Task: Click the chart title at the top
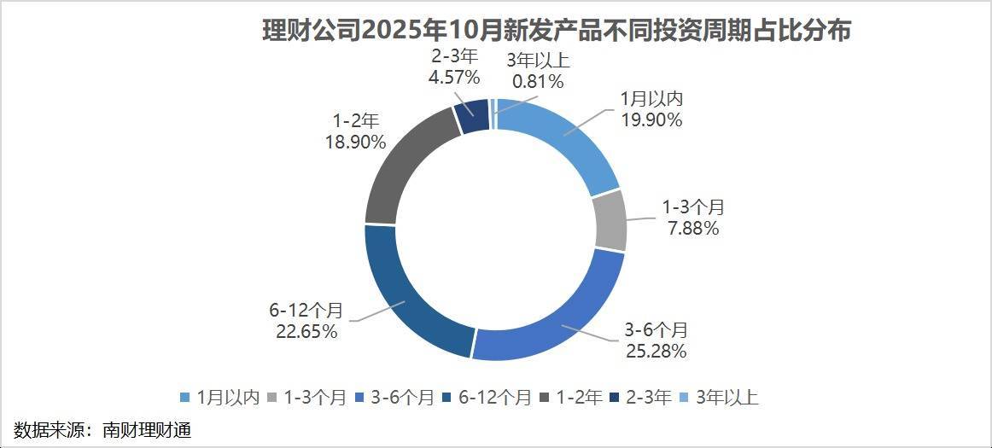point(558,31)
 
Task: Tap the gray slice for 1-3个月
point(608,221)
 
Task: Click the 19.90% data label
point(651,120)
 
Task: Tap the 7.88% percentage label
point(692,229)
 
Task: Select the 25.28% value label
point(656,352)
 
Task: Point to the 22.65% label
point(306,331)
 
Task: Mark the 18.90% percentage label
point(354,143)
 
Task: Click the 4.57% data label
point(453,77)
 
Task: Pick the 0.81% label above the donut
point(537,82)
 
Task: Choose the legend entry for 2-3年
point(643,398)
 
